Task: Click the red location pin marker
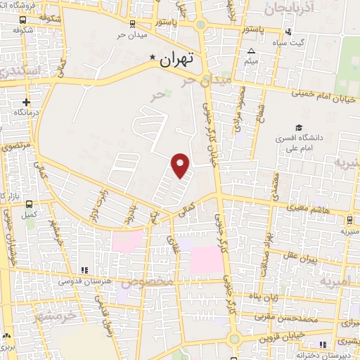(x=181, y=165)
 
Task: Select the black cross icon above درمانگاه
(x=26, y=102)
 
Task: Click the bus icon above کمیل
(x=29, y=203)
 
